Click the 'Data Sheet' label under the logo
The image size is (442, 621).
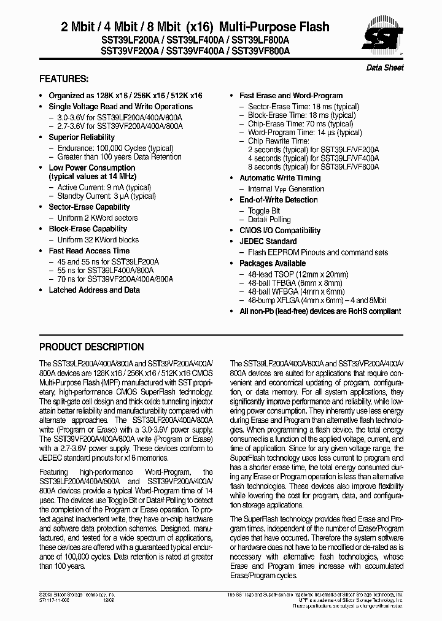385,67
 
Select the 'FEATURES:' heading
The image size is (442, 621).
64,79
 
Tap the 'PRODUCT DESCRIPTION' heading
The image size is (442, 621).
91,347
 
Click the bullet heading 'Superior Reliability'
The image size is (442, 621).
82,137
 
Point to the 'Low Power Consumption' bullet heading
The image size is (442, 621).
91,168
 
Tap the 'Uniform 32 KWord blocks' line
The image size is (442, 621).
98,240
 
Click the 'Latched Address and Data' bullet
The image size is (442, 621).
94,290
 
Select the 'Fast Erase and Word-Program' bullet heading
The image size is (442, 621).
291,96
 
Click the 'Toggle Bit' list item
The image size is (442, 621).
264,211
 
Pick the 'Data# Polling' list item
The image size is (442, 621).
269,220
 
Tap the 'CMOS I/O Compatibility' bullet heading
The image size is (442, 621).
280,231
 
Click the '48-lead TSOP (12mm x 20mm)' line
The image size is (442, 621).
298,274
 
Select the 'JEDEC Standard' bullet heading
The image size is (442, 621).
268,242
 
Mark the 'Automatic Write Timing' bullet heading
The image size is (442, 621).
280,178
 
